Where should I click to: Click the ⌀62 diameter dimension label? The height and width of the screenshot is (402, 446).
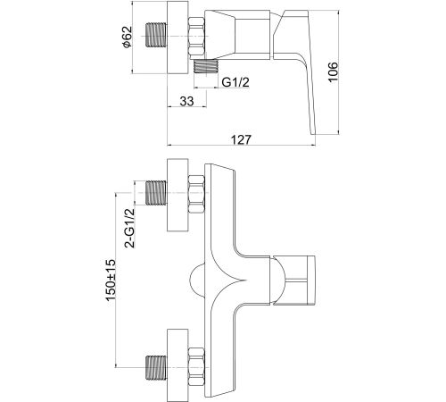127,37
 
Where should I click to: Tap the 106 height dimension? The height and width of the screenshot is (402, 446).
333,71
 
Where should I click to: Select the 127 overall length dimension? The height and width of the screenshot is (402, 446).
241,139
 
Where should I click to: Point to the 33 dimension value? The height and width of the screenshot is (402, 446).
186,102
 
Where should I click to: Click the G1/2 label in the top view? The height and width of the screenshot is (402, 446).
235,82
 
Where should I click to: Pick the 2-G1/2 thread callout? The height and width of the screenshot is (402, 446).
130,228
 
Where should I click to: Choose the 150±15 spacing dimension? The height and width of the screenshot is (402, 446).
111,280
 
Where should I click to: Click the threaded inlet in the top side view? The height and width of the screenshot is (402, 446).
156,34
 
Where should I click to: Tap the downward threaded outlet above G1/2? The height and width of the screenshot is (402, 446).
206,65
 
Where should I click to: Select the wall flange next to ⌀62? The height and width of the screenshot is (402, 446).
178,37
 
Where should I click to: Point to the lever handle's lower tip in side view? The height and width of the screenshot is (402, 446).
313,134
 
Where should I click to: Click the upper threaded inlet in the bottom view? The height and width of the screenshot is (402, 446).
156,193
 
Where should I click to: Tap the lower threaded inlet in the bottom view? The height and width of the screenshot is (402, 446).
156,367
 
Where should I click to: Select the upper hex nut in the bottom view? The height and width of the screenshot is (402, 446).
196,195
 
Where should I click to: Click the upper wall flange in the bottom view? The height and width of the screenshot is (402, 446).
178,195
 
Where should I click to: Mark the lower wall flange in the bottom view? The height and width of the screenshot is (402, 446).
178,365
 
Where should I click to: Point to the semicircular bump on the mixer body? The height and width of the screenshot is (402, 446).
197,280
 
